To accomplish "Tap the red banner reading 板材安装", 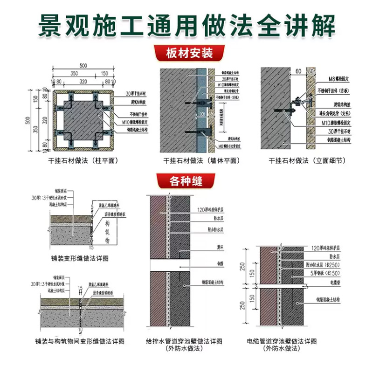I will pyautogui.click(x=186, y=53).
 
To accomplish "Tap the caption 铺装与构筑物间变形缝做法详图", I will pyautogui.click(x=80, y=341).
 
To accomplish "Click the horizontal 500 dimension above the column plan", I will pyautogui.click(x=83, y=66).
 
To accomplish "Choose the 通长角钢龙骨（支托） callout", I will pyautogui.click(x=336, y=113).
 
